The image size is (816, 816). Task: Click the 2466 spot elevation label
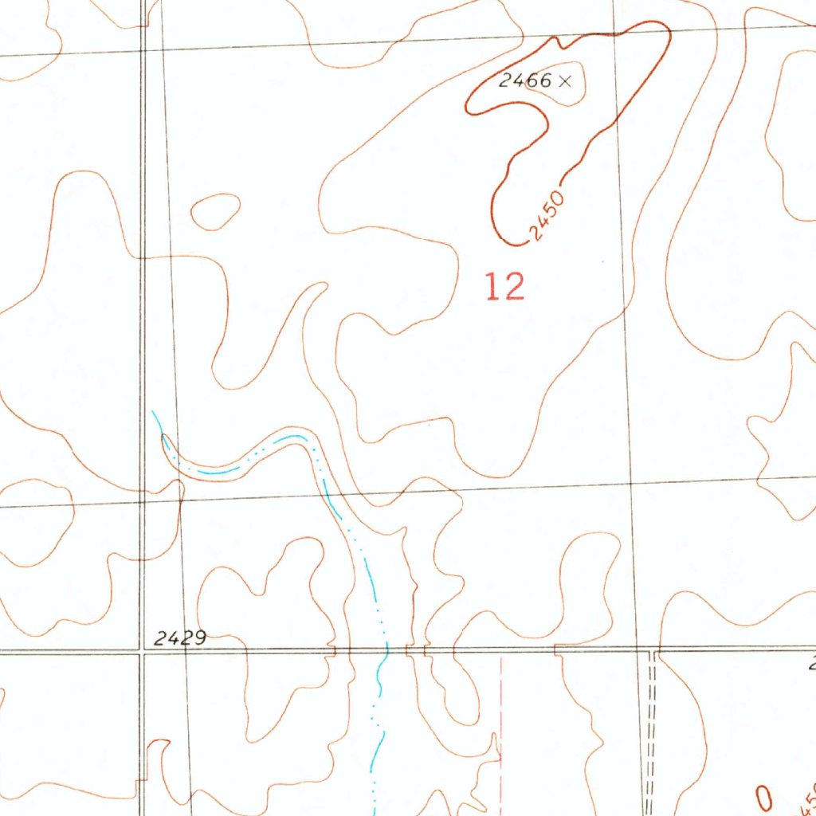pyautogui.click(x=525, y=80)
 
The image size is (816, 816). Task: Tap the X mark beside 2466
pyautogui.click(x=565, y=80)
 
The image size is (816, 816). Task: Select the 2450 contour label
pyautogui.click(x=547, y=218)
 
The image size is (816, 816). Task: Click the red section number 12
pyautogui.click(x=505, y=287)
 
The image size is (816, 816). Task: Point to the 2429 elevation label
pyautogui.click(x=180, y=637)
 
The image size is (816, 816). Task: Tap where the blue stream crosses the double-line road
pyautogui.click(x=386, y=651)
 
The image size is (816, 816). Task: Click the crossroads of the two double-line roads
pyautogui.click(x=142, y=653)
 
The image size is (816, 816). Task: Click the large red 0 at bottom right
pyautogui.click(x=764, y=798)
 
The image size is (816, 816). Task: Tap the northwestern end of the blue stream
pyautogui.click(x=153, y=412)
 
